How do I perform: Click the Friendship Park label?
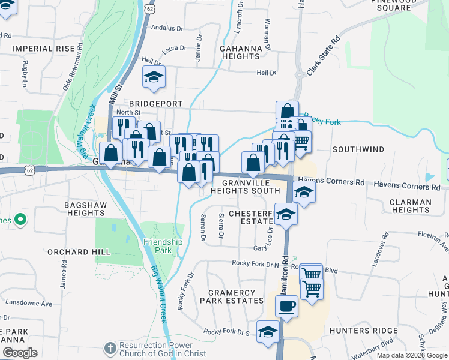coord(163,246)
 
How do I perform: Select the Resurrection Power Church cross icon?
coord(109,348)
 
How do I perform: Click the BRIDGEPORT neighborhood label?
coord(153,104)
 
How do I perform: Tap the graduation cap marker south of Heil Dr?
coord(154,77)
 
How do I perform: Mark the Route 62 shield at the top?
coord(149,8)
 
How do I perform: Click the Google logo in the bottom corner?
coord(19,353)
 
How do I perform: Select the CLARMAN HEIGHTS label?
coord(410,206)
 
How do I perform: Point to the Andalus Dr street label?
coord(167,28)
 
